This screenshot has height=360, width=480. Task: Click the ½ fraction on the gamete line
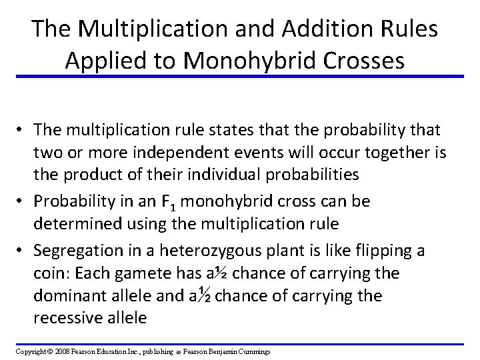(x=221, y=273)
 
